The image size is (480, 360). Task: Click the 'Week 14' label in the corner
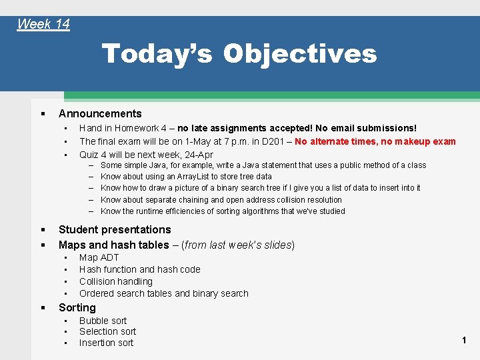(43, 25)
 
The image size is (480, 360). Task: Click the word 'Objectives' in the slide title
(299, 54)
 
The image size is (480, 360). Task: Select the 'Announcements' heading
(100, 113)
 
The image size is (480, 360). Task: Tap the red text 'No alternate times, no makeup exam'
(375, 141)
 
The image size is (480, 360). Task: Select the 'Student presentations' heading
(115, 229)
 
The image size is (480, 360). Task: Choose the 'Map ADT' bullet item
(99, 257)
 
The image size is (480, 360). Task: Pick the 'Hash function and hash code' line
(139, 269)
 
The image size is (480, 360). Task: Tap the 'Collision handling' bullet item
(116, 281)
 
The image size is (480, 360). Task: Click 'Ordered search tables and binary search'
(163, 293)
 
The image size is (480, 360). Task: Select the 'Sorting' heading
(77, 307)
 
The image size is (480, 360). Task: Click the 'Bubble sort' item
(103, 321)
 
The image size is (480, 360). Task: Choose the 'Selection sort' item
(107, 331)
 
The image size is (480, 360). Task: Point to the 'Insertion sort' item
(106, 343)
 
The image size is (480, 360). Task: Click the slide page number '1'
(464, 341)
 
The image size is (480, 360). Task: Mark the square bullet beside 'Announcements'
(42, 114)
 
